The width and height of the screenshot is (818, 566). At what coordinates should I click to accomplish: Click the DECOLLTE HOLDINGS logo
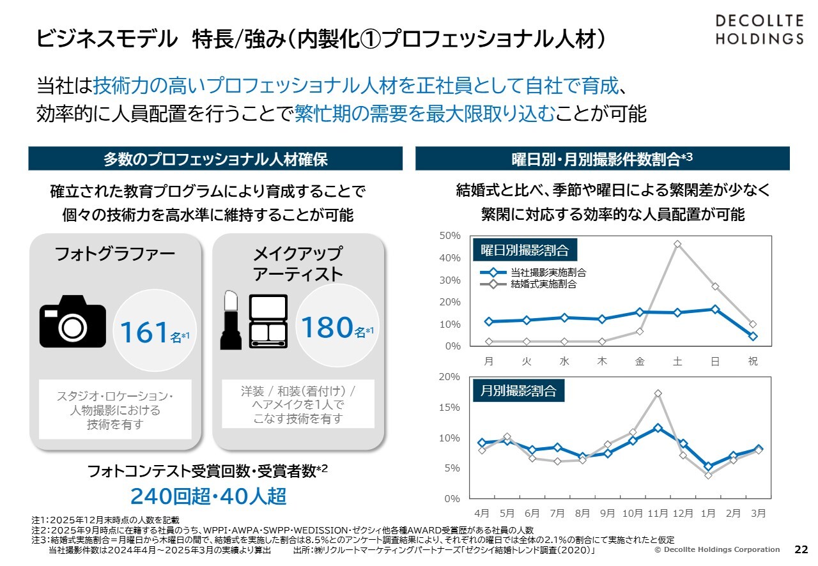coord(759,29)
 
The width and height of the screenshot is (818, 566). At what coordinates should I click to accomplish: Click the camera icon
coord(73,321)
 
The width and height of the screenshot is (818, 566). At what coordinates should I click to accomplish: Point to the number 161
coord(144,332)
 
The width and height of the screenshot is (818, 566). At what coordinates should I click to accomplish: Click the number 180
coord(327,326)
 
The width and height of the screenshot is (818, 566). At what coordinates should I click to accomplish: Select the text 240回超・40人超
coord(208,496)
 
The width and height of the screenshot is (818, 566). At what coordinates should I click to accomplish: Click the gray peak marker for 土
coord(677,244)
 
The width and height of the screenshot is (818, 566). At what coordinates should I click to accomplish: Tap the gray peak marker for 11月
coord(658,394)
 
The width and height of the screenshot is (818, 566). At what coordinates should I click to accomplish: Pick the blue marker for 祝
coord(753,336)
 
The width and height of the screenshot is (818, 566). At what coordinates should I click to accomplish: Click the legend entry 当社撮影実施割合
coord(548,272)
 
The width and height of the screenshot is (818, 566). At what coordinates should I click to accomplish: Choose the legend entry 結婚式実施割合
coord(544,284)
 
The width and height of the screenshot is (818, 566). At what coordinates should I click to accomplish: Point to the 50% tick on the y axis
coord(450,236)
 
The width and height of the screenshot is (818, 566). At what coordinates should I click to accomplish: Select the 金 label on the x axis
coord(640,362)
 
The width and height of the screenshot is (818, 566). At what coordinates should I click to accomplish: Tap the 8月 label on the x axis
coord(582,513)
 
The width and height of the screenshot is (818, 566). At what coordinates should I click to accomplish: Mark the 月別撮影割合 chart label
coord(518,390)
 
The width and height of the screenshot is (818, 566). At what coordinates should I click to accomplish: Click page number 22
coord(801,549)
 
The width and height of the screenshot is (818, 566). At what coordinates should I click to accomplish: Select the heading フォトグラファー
coord(115,255)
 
